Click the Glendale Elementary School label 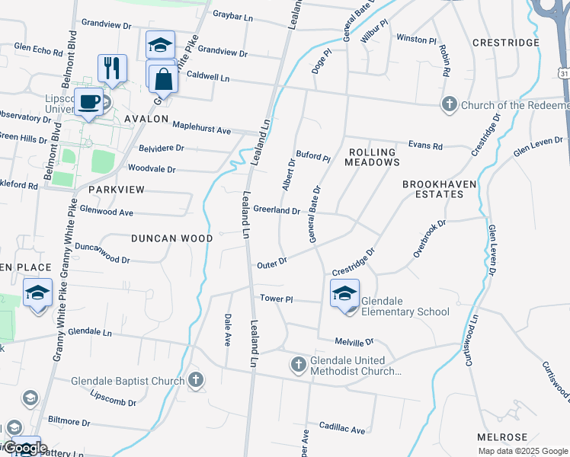pos(405,306)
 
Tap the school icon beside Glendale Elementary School pos(344,293)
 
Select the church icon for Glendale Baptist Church pos(196,379)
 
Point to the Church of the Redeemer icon pos(450,104)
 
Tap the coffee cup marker pos(89,101)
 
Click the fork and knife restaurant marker pos(112,67)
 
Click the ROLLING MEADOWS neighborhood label pos(372,157)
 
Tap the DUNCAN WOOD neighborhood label pos(171,238)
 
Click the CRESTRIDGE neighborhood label pos(505,43)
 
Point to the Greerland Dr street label pos(277,209)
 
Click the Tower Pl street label pos(277,299)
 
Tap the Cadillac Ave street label pos(342,428)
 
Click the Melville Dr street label pos(354,343)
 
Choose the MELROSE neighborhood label pos(501,437)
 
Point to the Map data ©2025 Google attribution pos(522,451)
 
